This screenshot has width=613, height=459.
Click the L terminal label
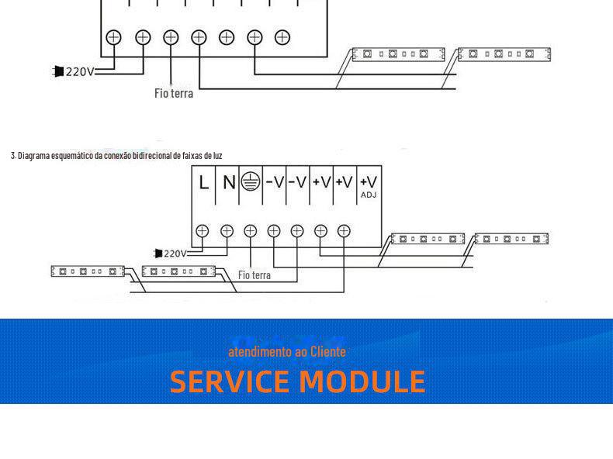[203, 183]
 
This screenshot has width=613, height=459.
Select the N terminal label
[228, 183]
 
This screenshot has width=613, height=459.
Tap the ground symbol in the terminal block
[250, 182]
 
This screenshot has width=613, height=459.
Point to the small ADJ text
[369, 195]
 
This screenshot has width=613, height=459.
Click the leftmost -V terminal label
[274, 183]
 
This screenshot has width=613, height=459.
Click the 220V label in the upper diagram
[79, 72]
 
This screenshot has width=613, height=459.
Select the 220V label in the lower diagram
[175, 254]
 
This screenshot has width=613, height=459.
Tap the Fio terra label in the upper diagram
[174, 94]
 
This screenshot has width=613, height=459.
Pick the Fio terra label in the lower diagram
[255, 275]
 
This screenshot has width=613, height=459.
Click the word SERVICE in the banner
[230, 381]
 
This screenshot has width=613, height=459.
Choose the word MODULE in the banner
[362, 381]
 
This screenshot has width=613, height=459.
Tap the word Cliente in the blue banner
[328, 352]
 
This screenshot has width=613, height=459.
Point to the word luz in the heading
[217, 156]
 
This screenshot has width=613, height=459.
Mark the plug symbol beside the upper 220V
[58, 72]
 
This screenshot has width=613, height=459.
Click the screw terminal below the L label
[203, 230]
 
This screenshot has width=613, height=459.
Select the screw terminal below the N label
[227, 230]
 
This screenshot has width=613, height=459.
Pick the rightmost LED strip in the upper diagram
[504, 54]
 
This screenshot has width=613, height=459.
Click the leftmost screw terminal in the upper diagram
[114, 36]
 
